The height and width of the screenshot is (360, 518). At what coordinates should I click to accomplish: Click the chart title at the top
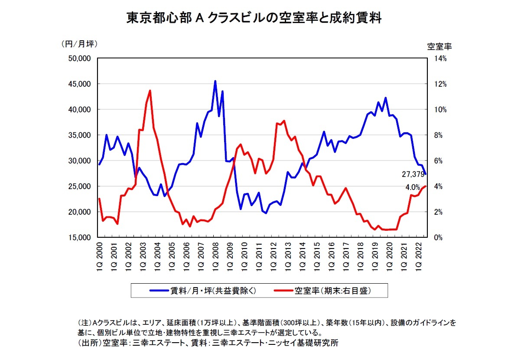coord(254,18)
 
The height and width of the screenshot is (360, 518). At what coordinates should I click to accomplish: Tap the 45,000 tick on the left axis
coord(79,84)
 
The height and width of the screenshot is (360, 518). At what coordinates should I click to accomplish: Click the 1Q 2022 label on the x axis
coord(419,256)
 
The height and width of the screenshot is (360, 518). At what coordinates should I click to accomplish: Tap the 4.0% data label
coord(412,188)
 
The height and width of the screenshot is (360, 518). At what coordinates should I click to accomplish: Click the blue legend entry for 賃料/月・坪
coord(203,291)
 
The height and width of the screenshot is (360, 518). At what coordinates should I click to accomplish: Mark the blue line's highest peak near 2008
coord(215,81)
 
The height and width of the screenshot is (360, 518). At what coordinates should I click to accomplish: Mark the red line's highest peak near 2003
coord(150,91)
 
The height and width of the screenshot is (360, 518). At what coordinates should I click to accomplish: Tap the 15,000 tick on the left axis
coord(79,238)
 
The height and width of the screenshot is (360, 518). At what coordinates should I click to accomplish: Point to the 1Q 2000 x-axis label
coord(99,256)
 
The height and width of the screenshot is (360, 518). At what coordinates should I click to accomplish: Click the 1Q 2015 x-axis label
coord(317,256)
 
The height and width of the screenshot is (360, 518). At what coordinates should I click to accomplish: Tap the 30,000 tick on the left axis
coord(79,161)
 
